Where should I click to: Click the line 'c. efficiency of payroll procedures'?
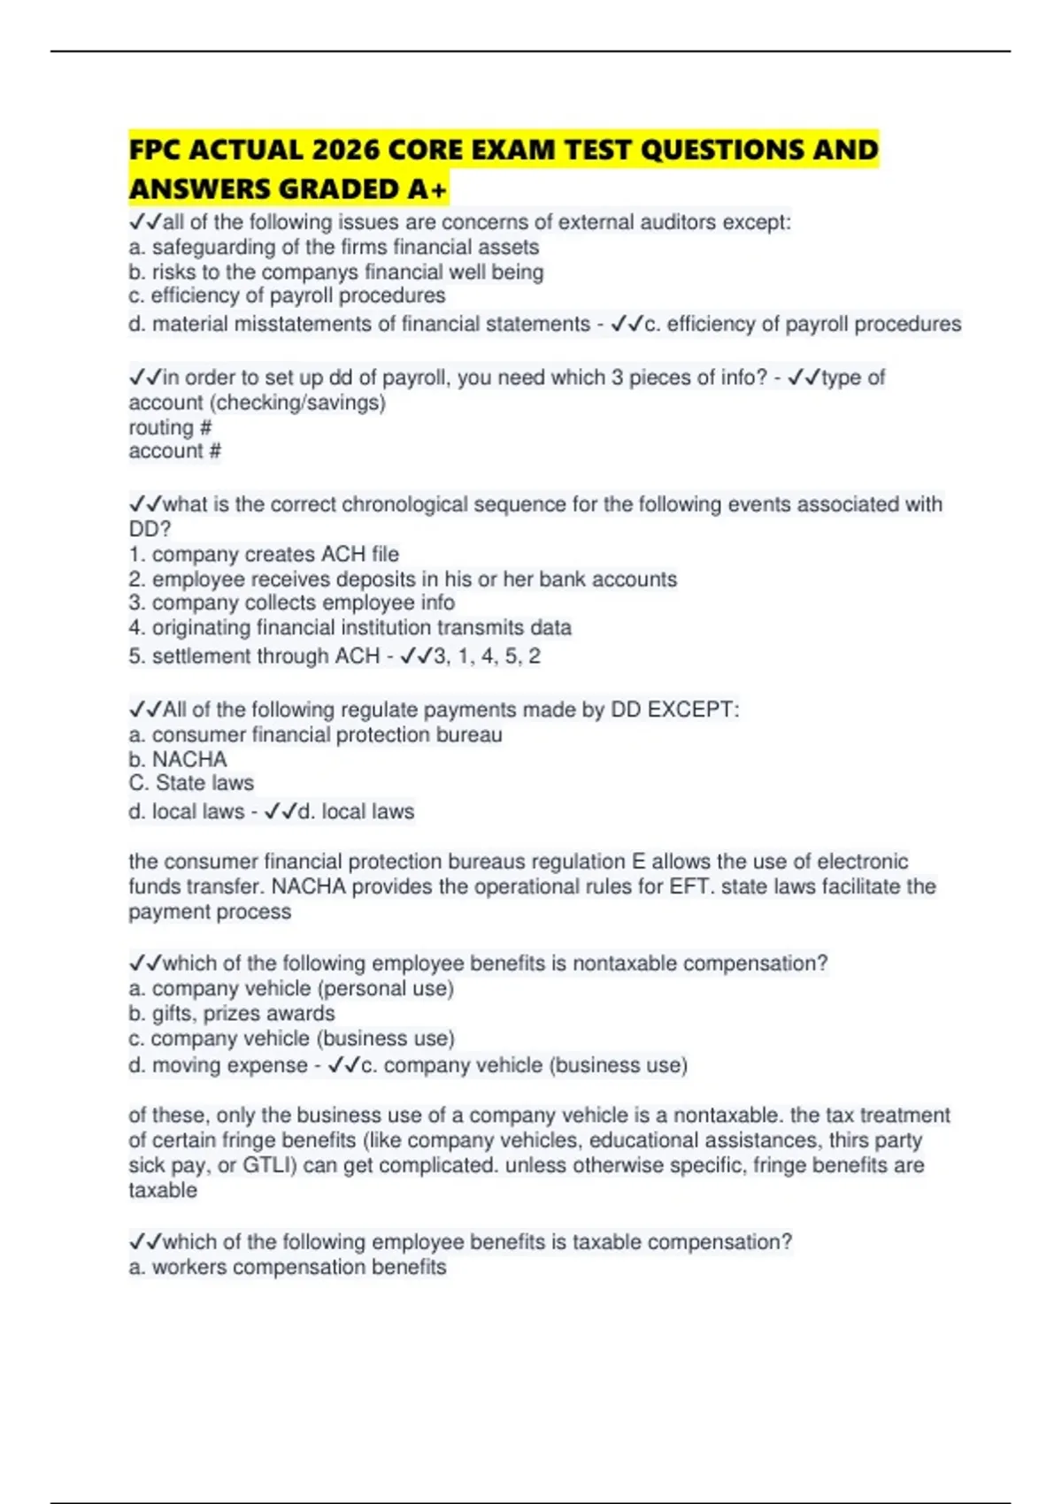287,295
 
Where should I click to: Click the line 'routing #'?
170,427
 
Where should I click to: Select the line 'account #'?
174,451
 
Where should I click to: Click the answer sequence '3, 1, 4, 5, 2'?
487,656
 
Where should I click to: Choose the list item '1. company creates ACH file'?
264,555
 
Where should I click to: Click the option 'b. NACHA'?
178,759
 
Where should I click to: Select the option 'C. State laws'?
191,783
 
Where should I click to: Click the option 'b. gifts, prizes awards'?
232,1013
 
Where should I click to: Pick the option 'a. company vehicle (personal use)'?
291,988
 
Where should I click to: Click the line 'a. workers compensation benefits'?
288,1267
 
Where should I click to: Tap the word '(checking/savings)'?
297,403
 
